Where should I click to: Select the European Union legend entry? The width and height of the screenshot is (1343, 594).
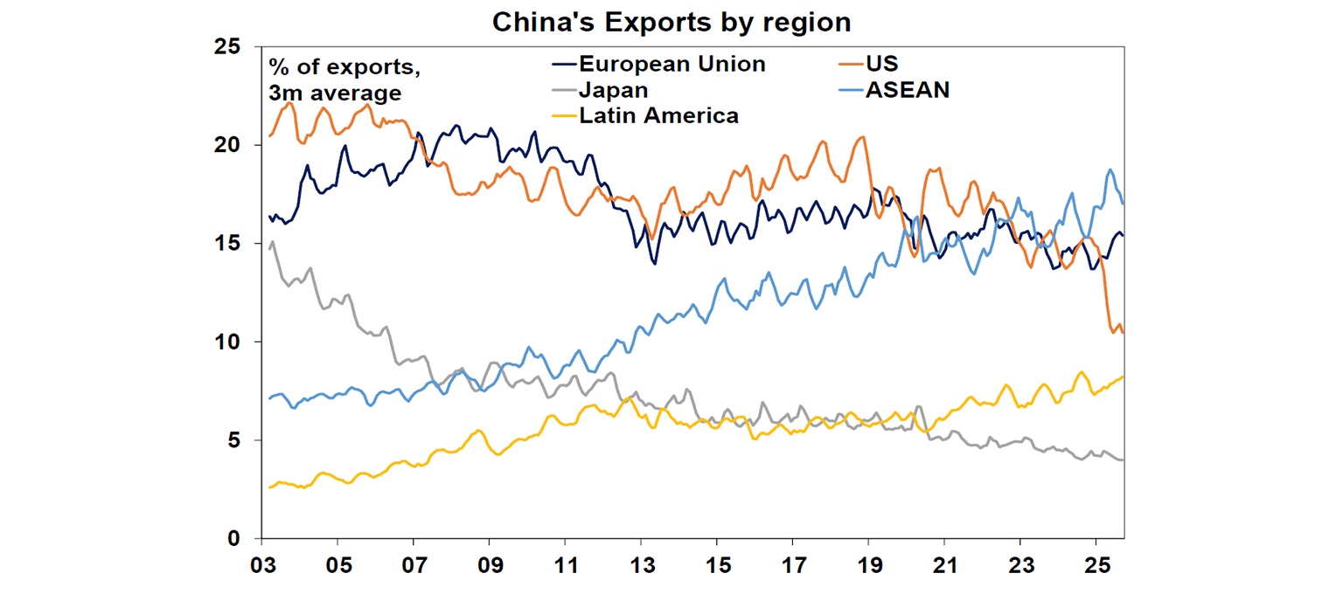click(659, 64)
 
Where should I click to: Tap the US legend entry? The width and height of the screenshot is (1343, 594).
click(881, 64)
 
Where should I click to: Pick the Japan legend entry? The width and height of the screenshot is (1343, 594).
click(612, 90)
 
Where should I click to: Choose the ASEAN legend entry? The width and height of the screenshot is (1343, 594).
click(907, 90)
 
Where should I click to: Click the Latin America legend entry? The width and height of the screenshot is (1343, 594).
click(658, 115)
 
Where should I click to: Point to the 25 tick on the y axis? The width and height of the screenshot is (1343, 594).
click(228, 46)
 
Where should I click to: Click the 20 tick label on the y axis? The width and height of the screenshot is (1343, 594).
click(228, 145)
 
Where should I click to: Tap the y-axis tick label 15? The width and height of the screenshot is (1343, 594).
click(228, 244)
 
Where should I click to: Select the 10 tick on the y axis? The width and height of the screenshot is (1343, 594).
click(228, 342)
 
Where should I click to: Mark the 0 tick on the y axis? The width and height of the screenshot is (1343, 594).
click(235, 539)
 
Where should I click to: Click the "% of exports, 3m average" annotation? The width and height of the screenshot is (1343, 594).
click(335, 79)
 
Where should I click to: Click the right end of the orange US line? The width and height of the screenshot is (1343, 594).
click(1124, 332)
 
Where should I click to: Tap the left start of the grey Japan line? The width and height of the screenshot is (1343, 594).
click(268, 251)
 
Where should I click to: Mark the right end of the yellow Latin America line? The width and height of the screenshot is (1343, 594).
click(1124, 376)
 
